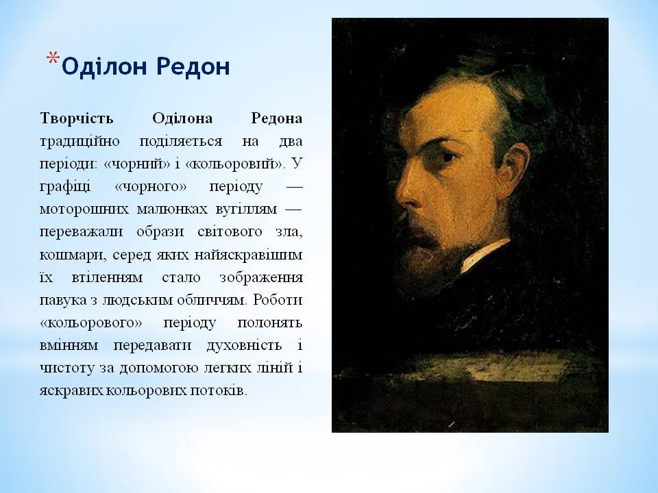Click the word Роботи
click(x=281, y=300)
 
